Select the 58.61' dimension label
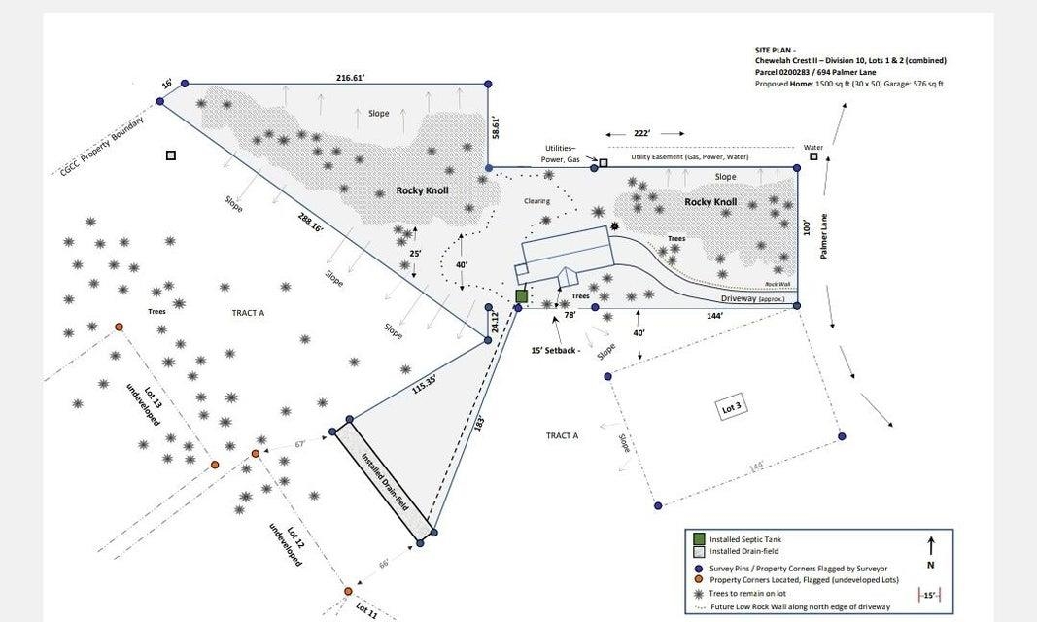(496, 127)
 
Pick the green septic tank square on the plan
(522, 296)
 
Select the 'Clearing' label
(536, 201)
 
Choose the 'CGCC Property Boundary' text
(101, 147)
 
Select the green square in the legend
(699, 538)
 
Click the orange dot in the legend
(699, 581)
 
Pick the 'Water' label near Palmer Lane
(813, 148)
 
